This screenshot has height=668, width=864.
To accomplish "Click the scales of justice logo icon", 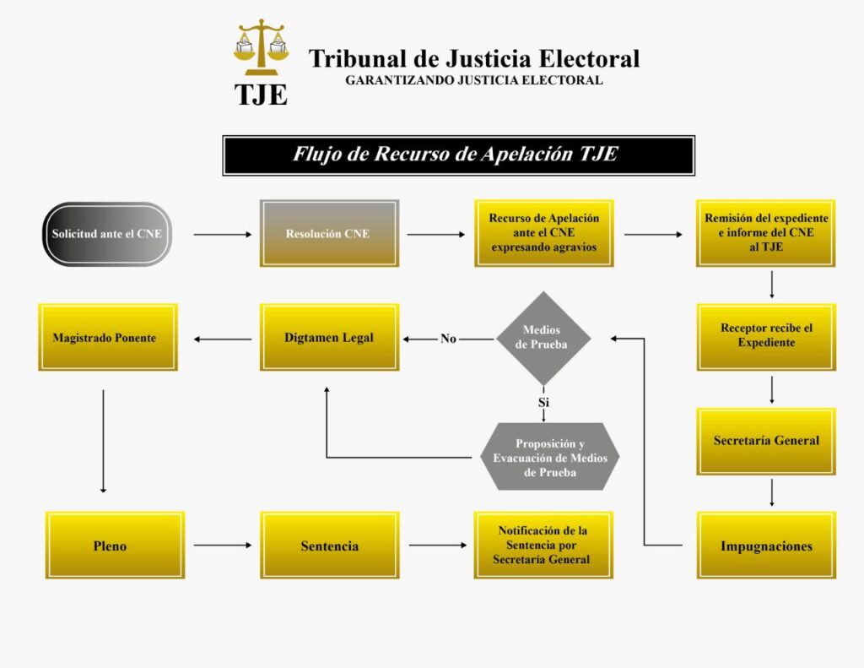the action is point(261,47).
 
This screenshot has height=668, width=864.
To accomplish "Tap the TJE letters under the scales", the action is point(261,95).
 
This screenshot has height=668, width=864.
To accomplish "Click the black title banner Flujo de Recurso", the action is point(458,155).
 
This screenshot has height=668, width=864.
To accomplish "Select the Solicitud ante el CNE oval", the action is point(107,234).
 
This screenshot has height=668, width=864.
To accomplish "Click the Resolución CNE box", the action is point(329,233).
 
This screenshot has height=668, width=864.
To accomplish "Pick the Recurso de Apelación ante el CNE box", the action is point(544,233).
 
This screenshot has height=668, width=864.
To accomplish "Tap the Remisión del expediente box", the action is point(766,233).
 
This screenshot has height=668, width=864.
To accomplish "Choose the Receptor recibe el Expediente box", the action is point(766,337).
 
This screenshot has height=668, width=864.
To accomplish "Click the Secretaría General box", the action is point(766,442).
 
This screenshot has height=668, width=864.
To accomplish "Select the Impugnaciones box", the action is point(766,545).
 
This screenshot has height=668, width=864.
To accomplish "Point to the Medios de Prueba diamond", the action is point(543,338).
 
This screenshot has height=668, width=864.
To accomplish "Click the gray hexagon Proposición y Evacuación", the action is point(549,457).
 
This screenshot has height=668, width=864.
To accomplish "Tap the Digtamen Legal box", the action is point(329,337).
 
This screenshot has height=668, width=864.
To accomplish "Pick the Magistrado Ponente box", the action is point(108,337).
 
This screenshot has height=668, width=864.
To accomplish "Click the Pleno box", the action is point(115,545).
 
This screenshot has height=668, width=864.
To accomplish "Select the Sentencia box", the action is point(330,545).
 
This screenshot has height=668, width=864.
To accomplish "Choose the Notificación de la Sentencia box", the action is point(543,545).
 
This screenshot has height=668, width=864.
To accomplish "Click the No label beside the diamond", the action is point(448,339).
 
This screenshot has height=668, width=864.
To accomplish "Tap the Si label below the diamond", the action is point(544,402).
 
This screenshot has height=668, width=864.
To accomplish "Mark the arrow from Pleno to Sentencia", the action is point(223,545).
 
